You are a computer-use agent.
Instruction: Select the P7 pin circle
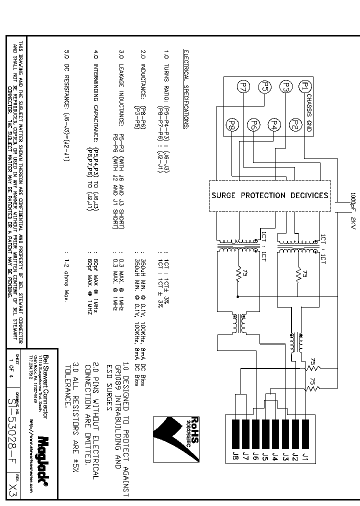coord(244,87)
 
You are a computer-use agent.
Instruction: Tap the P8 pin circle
coord(232,124)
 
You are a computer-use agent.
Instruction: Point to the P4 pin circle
coord(274,124)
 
